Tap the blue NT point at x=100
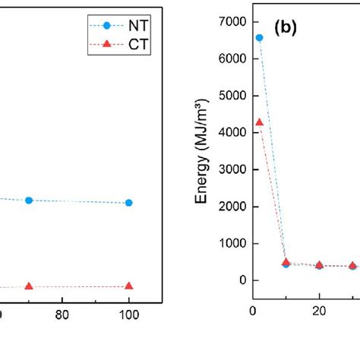pyautogui.click(x=129, y=203)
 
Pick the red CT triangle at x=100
pyautogui.click(x=129, y=286)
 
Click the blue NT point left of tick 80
pyautogui.click(x=29, y=200)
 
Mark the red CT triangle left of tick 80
pyautogui.click(x=29, y=286)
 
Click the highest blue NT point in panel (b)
pyautogui.click(x=259, y=37)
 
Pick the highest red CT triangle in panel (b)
pyautogui.click(x=259, y=122)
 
